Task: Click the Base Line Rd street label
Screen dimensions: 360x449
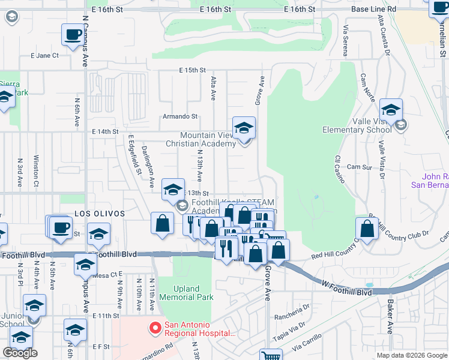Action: point(373,10)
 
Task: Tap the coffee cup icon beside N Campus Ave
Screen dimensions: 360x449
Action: point(73,34)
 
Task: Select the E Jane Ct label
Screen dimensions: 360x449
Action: point(44,55)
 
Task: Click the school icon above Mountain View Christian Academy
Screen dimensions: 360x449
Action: point(244,128)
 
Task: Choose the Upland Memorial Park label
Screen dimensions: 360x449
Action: point(185,293)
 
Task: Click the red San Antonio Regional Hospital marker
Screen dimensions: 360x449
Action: point(155,328)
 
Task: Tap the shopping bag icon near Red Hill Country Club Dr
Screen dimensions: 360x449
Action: point(367,229)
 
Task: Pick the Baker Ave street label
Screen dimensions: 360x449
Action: point(390,317)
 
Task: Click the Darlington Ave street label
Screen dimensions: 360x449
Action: point(148,160)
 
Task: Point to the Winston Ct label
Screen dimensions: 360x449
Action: point(37,171)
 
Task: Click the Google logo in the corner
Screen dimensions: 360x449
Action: point(20,353)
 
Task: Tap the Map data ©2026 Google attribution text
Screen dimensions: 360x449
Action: point(412,355)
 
